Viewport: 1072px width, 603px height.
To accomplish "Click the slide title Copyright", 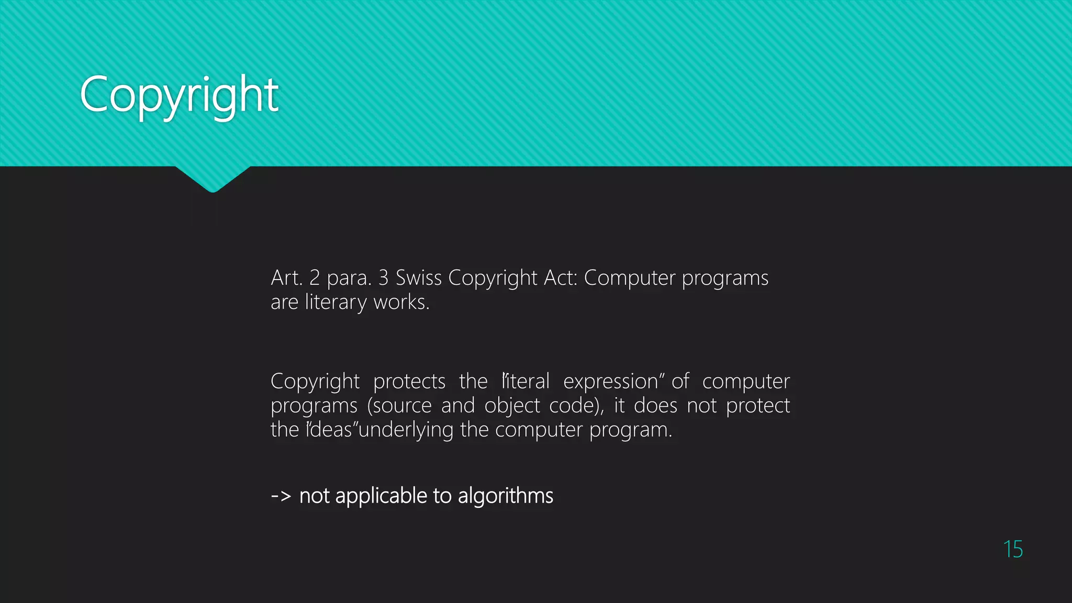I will click(179, 95).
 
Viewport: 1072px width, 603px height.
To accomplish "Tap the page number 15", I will click(1013, 549).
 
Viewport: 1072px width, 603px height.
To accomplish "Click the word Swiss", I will click(419, 277).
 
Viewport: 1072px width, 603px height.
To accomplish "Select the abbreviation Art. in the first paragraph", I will click(286, 277).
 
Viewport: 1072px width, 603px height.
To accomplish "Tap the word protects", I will click(409, 381).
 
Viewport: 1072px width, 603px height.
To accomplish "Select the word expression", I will click(610, 381).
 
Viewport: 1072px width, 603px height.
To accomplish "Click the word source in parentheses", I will click(402, 406).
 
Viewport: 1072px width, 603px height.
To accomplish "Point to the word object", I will click(512, 406).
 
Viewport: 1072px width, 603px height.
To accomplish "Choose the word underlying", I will click(406, 430).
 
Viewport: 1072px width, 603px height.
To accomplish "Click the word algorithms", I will click(505, 496).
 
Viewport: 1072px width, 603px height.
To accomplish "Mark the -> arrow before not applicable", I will click(281, 496).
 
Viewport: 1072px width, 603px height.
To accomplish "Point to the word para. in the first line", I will click(349, 277).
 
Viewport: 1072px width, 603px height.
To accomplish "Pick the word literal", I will click(527, 381).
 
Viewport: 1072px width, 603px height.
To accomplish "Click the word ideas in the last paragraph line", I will click(331, 430).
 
